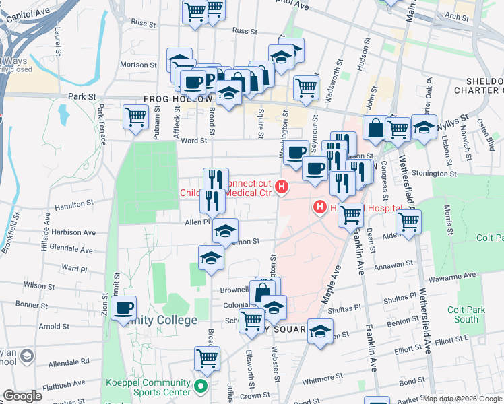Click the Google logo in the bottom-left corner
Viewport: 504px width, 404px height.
point(22,396)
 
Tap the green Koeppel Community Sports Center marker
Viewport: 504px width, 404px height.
point(199,386)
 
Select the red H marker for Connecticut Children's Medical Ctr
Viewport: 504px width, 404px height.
point(283,187)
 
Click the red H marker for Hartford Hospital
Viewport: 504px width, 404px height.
point(320,207)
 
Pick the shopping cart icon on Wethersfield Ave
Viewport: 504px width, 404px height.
point(408,221)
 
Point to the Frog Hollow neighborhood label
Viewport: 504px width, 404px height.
point(178,98)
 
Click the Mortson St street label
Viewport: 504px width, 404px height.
point(138,65)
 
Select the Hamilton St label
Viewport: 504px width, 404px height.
point(74,203)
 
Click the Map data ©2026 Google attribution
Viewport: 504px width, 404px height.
point(462,399)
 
